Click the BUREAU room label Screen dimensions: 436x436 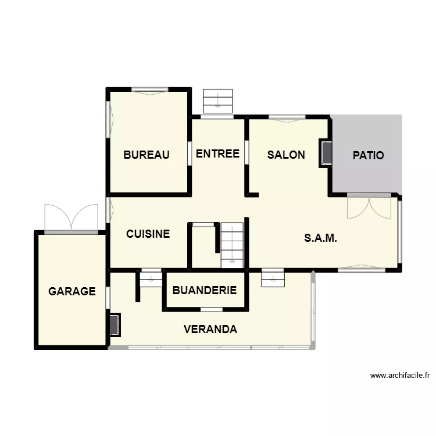tap(146, 155)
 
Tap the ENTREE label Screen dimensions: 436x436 tap(217, 153)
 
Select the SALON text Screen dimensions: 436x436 tap(286, 155)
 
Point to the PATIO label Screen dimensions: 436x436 tap(368, 155)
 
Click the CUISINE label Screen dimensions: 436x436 tap(148, 234)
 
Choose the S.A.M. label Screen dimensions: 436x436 tap(320, 238)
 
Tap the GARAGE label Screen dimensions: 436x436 tap(72, 291)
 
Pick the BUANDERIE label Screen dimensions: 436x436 tap(205, 290)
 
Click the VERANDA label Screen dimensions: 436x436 tap(210, 329)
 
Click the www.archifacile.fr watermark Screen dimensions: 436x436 tap(400, 376)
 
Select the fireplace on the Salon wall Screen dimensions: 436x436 tap(326, 153)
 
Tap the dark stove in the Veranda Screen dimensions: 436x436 tap(115, 325)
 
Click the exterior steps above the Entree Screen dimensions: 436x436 tap(218, 101)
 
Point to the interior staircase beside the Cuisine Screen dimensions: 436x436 tap(232, 245)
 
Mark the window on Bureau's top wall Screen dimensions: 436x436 tap(150, 91)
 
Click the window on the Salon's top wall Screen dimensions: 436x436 tap(287, 118)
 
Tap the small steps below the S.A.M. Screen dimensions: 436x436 tap(273, 277)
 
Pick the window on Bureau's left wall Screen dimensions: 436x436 tap(109, 119)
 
